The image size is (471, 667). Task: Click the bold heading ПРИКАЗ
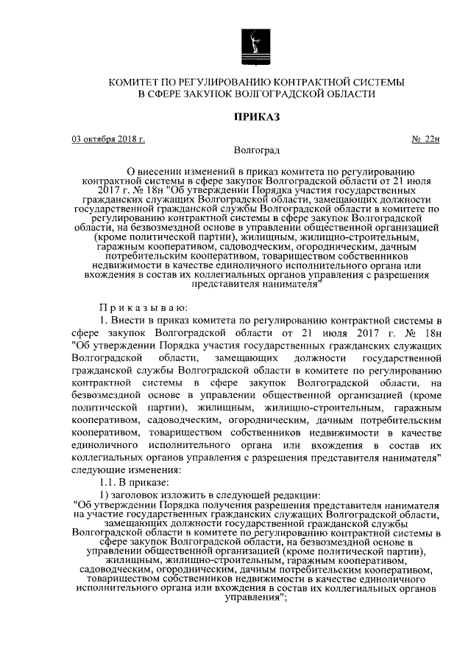(x=257, y=116)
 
